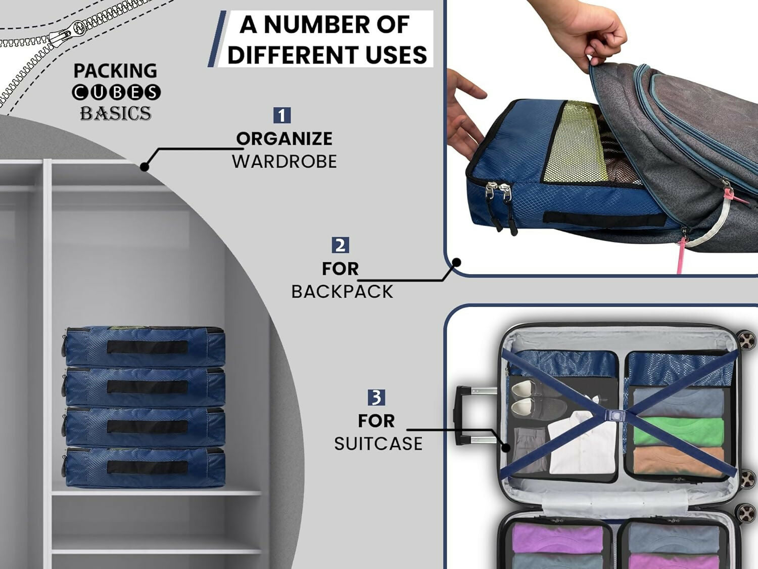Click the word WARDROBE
click(x=284, y=161)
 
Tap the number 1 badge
click(x=282, y=115)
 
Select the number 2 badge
click(x=340, y=245)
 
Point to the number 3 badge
click(x=376, y=397)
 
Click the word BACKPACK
click(x=342, y=292)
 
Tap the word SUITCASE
click(x=378, y=444)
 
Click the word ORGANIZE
click(x=284, y=139)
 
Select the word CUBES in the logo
click(x=116, y=92)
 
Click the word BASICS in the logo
click(x=116, y=113)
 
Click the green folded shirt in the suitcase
click(x=677, y=430)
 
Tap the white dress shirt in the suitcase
click(x=581, y=445)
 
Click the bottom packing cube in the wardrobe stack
click(x=145, y=467)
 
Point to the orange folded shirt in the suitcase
click(x=677, y=461)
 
